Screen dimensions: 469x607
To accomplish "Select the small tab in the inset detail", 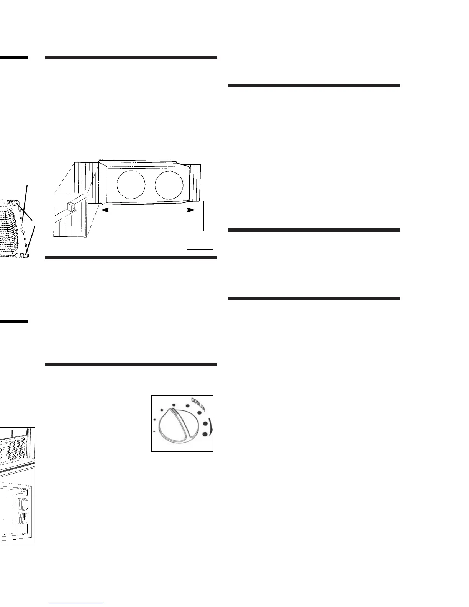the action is coord(70,207).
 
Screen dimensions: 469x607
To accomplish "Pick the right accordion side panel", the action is coord(195,182).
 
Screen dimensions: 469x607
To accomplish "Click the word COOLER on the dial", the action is coord(198,404).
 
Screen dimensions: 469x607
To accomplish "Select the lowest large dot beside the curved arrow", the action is coord(205,434).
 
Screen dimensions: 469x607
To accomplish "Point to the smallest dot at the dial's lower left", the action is coord(154,431).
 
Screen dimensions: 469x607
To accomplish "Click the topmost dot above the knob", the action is coord(174,405).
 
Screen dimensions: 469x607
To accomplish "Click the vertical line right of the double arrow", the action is coord(204,216).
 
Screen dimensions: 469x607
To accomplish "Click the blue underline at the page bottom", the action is coord(77,604).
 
